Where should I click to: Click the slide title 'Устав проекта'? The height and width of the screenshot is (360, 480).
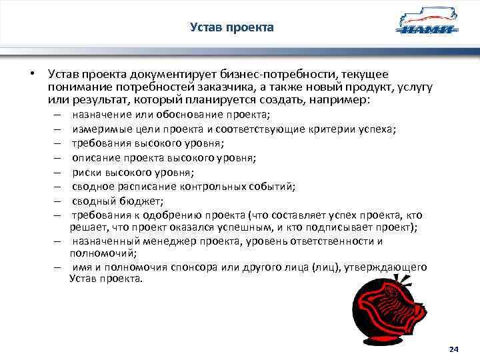pyautogui.click(x=231, y=27)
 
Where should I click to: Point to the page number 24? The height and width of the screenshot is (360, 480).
pyautogui.click(x=454, y=349)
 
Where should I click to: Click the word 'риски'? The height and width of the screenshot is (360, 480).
pyautogui.click(x=86, y=172)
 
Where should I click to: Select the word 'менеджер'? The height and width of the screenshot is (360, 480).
pyautogui.click(x=157, y=241)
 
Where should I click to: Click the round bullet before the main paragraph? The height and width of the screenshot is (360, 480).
pyautogui.click(x=31, y=75)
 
